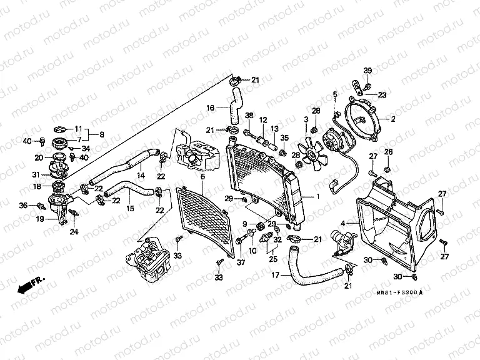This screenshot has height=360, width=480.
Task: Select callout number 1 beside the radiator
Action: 317,197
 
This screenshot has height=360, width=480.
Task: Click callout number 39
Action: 367,70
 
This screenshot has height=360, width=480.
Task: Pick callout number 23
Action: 382,95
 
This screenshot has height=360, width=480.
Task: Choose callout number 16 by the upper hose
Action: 211,107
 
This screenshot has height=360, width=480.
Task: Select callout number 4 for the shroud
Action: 342,222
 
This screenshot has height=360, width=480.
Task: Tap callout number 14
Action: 141,176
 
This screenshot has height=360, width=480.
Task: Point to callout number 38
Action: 249,116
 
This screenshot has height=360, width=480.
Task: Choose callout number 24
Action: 74,232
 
